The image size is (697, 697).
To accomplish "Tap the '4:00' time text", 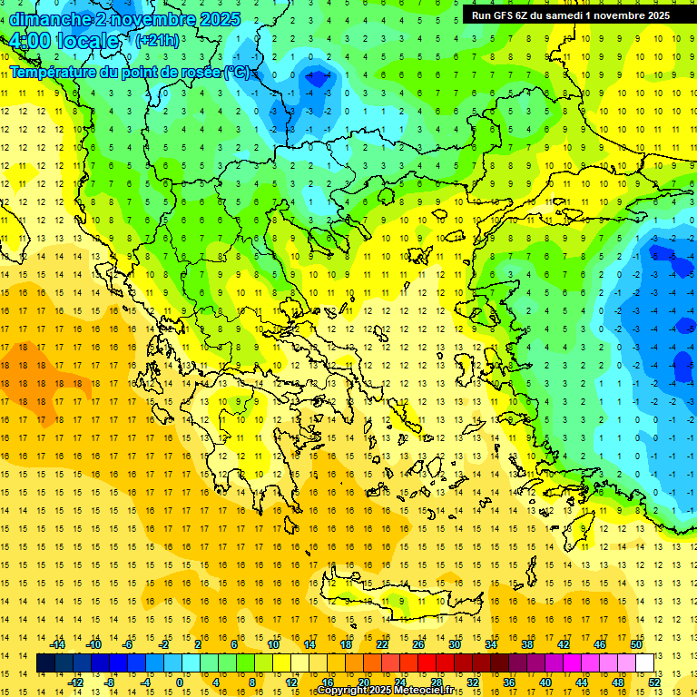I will (28, 41).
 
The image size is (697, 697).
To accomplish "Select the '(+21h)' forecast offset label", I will (156, 41).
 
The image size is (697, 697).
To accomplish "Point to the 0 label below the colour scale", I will (180, 682).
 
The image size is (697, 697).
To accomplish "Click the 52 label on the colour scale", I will (653, 682).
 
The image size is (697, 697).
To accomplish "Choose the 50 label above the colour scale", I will (635, 644).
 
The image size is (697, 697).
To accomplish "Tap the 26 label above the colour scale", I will (418, 644).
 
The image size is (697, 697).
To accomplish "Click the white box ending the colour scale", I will (644, 663).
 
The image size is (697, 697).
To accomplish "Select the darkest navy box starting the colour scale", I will (46, 663).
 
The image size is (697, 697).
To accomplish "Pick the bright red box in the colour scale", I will (427, 663).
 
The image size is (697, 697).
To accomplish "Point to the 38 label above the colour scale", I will (526, 644).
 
